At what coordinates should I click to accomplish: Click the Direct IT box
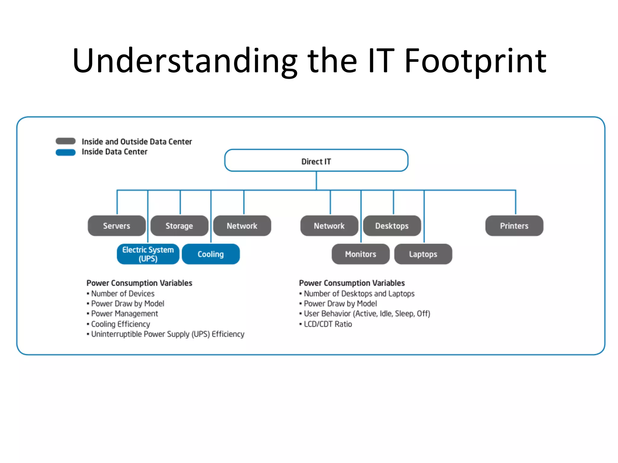pos(316,161)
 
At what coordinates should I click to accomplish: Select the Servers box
pos(116,226)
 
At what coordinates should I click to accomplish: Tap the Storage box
pos(179,226)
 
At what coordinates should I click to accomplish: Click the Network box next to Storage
pos(242,226)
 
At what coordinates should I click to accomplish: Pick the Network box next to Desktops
pos(329,226)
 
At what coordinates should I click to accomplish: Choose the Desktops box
pos(392,226)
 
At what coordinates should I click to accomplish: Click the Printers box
pos(514,226)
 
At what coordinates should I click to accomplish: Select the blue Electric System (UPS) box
pos(148,254)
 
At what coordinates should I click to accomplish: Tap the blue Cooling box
pos(211,254)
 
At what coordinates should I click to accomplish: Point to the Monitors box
pos(361,254)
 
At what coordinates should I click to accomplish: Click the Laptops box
pos(423,254)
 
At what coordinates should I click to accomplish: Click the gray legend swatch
pos(65,141)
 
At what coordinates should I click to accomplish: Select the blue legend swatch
pos(65,152)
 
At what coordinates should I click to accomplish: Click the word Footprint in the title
pos(475,61)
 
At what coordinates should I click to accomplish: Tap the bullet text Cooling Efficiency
pos(120,324)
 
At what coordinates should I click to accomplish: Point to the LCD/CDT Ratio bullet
pos(328,324)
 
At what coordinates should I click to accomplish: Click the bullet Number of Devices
pos(123,294)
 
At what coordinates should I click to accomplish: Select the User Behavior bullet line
pos(367,314)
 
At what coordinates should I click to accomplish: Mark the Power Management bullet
pos(124,314)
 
